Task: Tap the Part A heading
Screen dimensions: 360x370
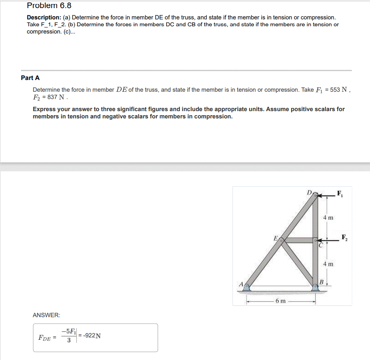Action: click(x=30, y=78)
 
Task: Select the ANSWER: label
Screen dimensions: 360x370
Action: click(x=46, y=315)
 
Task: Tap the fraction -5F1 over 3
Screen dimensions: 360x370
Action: click(x=69, y=335)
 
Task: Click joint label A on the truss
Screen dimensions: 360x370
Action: click(x=241, y=284)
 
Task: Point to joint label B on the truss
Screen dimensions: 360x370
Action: click(x=322, y=281)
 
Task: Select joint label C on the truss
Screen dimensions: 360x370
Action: click(x=321, y=245)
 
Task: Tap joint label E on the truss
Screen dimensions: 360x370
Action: click(x=276, y=238)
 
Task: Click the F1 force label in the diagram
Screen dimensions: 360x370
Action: click(x=340, y=193)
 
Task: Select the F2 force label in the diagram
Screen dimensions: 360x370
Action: click(x=344, y=237)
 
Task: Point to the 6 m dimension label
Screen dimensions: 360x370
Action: click(x=280, y=301)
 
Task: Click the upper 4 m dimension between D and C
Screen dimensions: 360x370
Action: click(x=328, y=218)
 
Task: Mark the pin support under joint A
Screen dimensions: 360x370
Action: click(x=246, y=287)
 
